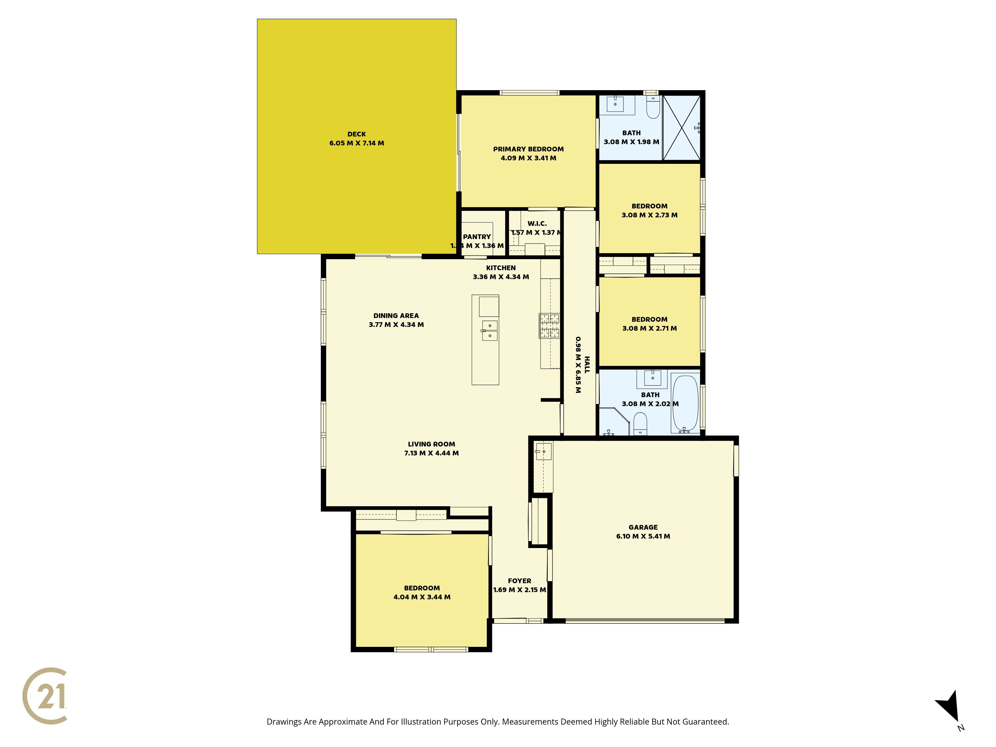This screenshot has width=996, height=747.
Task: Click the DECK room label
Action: click(357, 134)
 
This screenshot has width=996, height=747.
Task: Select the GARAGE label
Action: click(643, 527)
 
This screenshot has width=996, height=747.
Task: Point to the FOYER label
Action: click(520, 581)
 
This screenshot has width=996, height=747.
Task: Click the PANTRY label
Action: click(477, 237)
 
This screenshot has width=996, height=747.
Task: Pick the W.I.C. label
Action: click(537, 223)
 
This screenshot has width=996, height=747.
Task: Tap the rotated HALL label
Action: click(587, 365)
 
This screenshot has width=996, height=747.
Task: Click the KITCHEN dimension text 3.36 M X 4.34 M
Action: click(501, 277)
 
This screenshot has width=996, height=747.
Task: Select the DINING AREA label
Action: click(396, 316)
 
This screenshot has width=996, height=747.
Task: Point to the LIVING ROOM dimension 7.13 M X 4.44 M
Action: click(431, 453)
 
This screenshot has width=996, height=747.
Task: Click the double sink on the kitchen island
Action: click(490, 330)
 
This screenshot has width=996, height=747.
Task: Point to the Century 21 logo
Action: click(45, 696)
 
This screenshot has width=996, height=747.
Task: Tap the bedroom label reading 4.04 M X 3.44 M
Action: click(422, 597)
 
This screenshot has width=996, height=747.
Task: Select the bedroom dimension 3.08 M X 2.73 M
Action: click(649, 215)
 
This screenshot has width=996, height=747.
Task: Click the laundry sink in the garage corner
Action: click(544, 451)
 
